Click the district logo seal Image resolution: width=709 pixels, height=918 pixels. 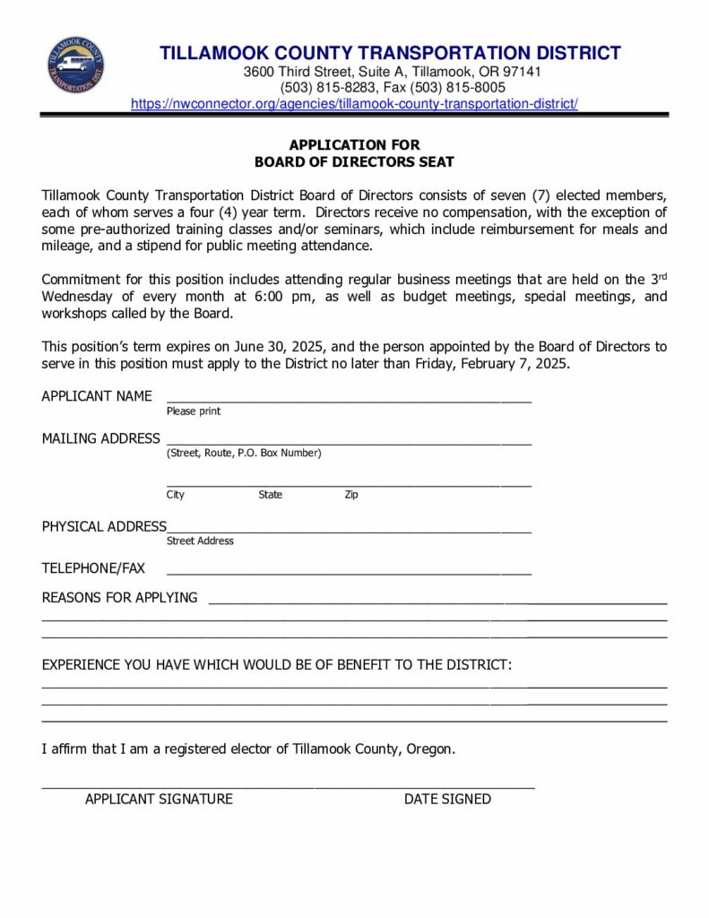[76, 65]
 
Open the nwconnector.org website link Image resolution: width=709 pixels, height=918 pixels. [354, 104]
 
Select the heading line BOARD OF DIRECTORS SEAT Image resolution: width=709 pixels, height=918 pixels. [354, 162]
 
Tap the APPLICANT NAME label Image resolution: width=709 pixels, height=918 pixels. [97, 396]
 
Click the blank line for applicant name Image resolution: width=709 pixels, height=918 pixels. [349, 398]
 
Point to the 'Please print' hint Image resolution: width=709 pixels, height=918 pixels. [194, 411]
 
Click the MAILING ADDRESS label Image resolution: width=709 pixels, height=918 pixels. [100, 439]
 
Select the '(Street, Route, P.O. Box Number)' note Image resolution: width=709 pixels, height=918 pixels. [244, 454]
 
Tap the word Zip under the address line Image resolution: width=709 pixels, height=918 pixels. [351, 495]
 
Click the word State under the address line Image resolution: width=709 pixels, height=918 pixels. [270, 495]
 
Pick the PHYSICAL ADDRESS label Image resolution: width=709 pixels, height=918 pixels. [104, 526]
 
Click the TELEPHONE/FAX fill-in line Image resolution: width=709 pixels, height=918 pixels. [349, 571]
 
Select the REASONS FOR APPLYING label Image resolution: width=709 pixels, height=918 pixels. [119, 598]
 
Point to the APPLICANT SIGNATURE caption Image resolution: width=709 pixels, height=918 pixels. [159, 799]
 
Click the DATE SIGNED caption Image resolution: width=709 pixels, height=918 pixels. [447, 799]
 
